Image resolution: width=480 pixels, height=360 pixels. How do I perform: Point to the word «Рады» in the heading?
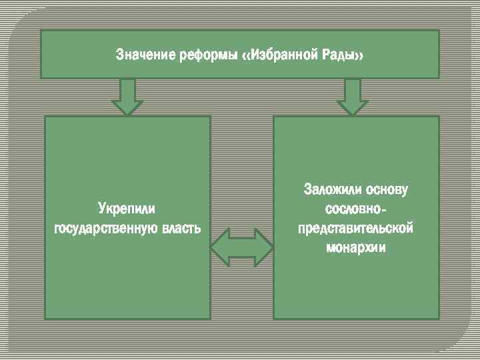338,53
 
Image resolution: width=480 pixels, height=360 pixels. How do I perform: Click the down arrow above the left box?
127,96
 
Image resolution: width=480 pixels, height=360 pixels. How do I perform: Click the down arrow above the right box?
352,96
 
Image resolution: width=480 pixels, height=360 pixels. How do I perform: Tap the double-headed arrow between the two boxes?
241,247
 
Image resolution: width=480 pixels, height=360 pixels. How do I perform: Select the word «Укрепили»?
127,208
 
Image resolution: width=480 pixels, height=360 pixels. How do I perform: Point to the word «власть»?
180,229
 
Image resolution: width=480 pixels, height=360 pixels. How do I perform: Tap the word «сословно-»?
354,209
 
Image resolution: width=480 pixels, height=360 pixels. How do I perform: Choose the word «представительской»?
356,228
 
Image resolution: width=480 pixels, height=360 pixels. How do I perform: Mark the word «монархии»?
356,247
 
